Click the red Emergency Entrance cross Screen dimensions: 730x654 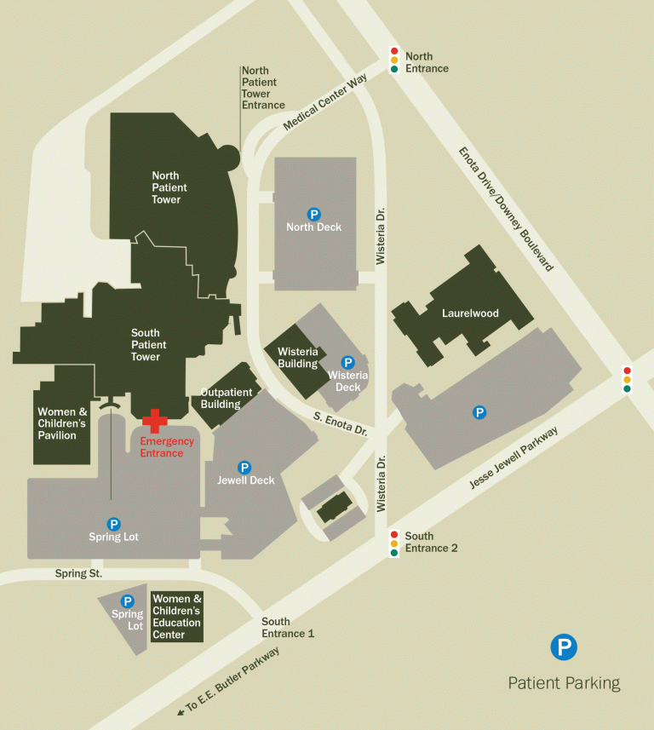pos(154,419)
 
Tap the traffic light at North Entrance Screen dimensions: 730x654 pos(394,60)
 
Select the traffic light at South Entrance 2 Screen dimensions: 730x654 pos(393,543)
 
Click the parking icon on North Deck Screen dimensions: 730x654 pos(313,214)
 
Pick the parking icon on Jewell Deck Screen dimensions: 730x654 pos(244,467)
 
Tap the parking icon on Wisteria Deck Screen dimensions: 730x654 pos(347,362)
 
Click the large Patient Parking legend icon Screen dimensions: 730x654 pos(563,647)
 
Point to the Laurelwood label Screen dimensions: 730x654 pos(470,313)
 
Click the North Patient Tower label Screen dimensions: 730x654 pos(166,187)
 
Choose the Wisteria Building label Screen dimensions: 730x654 pos(297,358)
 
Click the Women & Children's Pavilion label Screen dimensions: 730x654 pos(62,423)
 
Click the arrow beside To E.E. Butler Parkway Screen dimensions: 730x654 pos(181,711)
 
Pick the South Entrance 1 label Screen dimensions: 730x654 pos(288,628)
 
